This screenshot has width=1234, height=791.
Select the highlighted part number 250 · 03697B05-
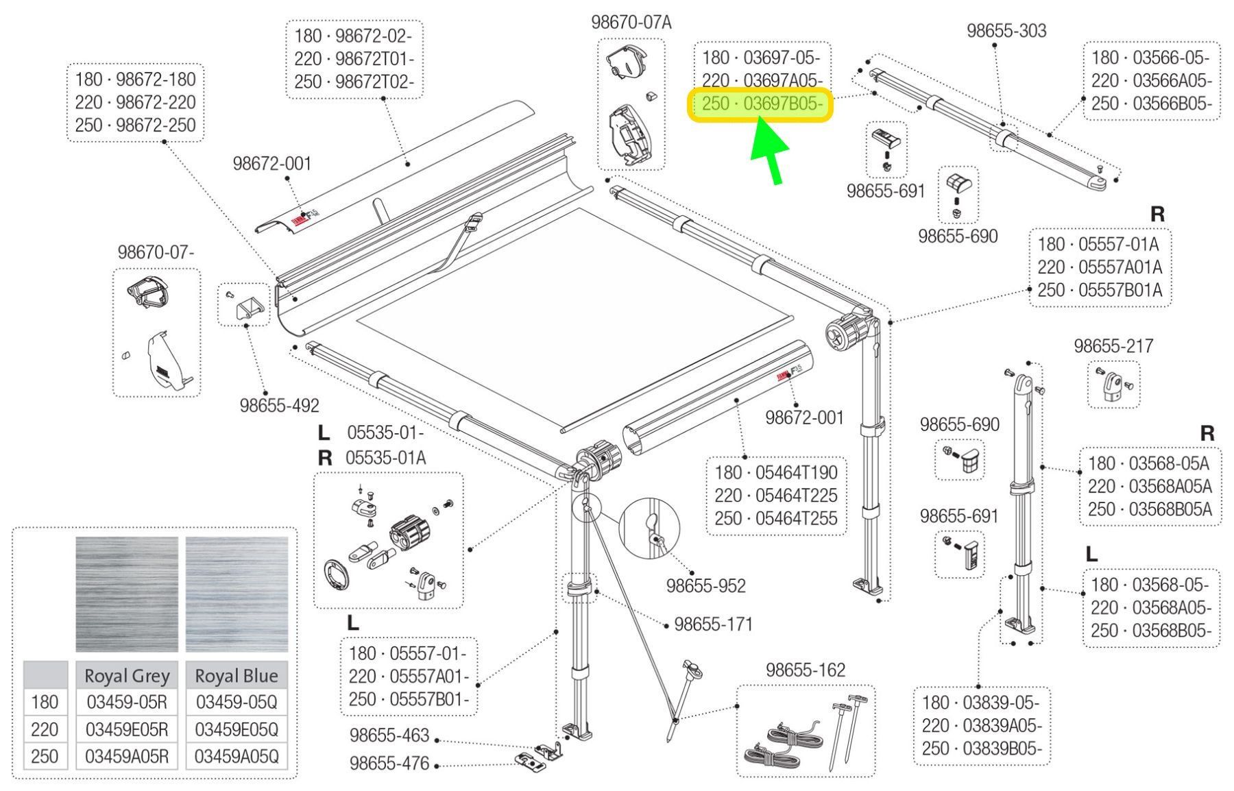pyautogui.click(x=760, y=105)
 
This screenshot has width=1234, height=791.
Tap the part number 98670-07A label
pyautogui.click(x=631, y=23)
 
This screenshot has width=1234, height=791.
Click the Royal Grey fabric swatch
pyautogui.click(x=126, y=594)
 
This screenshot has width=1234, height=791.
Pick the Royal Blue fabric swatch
pyautogui.click(x=237, y=594)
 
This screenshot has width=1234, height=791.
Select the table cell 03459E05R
pyautogui.click(x=126, y=729)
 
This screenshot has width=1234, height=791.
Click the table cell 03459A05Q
pyautogui.click(x=237, y=756)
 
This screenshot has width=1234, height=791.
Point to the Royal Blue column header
pyautogui.click(x=237, y=676)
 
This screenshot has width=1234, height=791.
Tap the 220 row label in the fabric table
pyautogui.click(x=45, y=729)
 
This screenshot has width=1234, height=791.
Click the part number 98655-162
pyautogui.click(x=806, y=670)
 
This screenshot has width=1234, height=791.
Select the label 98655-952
pyautogui.click(x=705, y=586)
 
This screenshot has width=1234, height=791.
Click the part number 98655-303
pyautogui.click(x=1006, y=31)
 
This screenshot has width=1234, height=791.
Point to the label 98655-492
pyautogui.click(x=279, y=406)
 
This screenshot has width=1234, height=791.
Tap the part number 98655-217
pyautogui.click(x=1113, y=346)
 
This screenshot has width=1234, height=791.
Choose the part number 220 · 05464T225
pyautogui.click(x=775, y=496)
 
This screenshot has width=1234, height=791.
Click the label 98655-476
pyautogui.click(x=389, y=763)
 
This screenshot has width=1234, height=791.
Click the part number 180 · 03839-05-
pyautogui.click(x=980, y=703)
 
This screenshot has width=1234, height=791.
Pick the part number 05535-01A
pyautogui.click(x=385, y=457)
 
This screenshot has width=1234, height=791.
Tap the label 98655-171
pyautogui.click(x=713, y=624)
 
